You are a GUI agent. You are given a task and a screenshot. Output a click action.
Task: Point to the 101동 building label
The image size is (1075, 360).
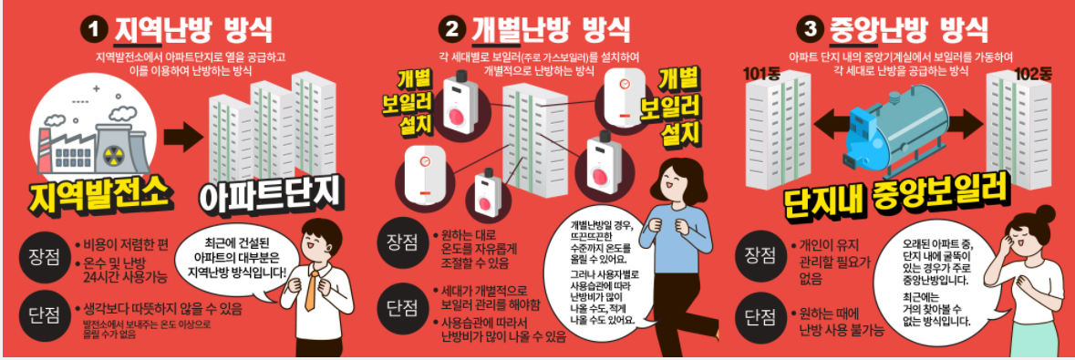(763, 73)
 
